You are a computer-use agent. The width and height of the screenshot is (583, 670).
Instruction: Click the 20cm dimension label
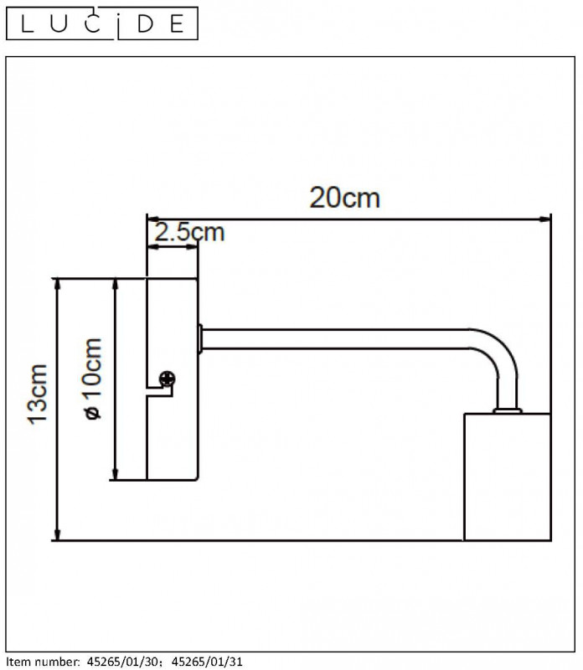pos(344,198)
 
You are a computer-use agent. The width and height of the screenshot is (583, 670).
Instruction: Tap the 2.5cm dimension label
pos(189,233)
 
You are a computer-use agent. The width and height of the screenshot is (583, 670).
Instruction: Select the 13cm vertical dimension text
pos(37,394)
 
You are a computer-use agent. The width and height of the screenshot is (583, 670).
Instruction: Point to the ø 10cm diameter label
pos(93,379)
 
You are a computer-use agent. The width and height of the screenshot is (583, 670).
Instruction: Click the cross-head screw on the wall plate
pos(168,379)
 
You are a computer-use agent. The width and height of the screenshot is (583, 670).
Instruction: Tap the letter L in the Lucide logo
pos(27,24)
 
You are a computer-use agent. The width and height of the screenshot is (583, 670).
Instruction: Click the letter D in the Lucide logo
pos(145,24)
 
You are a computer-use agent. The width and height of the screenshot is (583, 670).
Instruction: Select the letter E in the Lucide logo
pos(177,24)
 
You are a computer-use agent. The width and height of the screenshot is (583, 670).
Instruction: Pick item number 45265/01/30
pos(122,662)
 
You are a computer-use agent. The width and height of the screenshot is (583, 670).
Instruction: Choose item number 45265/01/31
pos(207,662)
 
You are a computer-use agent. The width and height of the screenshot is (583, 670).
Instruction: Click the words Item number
pos(43,662)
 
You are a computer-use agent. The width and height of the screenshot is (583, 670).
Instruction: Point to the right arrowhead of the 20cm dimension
pos(546,219)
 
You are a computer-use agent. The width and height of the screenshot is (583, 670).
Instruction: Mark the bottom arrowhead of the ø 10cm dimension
pos(115,474)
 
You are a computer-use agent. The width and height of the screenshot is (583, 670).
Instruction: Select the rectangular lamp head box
pos(508,477)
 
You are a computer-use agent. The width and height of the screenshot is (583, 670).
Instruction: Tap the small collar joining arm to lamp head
pos(508,410)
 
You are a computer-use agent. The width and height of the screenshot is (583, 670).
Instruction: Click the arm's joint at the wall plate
pos(200,339)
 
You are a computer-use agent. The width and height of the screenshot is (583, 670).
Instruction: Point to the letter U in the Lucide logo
pos(59,24)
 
